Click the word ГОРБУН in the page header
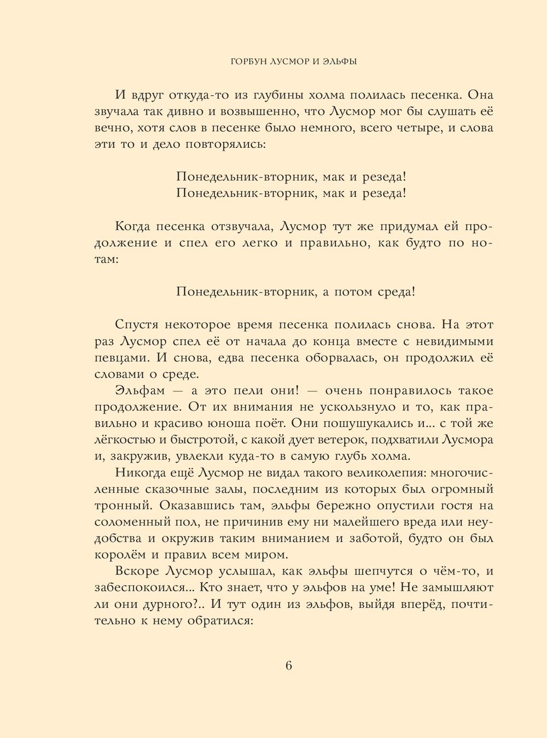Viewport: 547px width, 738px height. [249, 62]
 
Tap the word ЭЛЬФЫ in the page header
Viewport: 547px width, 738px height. [339, 62]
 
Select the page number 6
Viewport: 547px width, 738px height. [289, 666]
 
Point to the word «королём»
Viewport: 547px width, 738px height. [119, 555]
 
